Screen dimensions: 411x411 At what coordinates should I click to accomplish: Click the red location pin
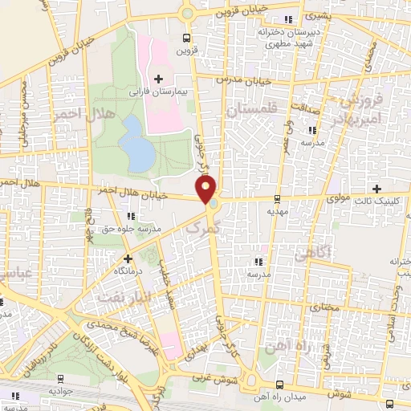(206, 190)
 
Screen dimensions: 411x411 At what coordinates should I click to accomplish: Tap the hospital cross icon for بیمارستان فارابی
(158, 78)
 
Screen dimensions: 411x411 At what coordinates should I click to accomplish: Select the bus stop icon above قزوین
(187, 37)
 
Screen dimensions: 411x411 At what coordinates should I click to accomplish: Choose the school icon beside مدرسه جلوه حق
(130, 216)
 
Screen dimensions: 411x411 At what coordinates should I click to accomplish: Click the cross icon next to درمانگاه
(127, 258)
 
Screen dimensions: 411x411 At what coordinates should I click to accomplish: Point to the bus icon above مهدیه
(277, 199)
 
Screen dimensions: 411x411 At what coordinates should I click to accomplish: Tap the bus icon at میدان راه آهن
(279, 385)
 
